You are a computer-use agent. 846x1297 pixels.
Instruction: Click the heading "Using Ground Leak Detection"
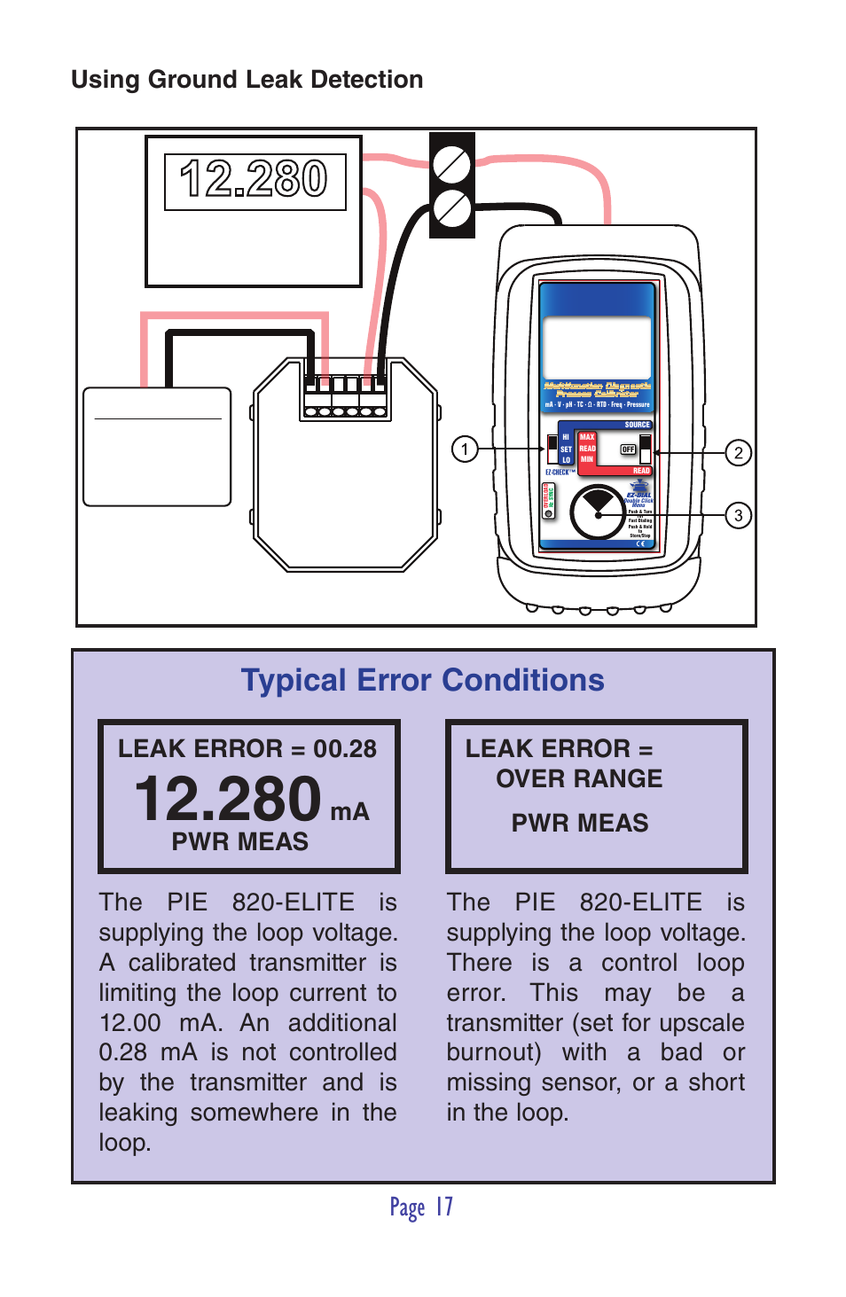[x=247, y=80]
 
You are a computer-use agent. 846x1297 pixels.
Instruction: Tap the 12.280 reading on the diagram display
[x=255, y=179]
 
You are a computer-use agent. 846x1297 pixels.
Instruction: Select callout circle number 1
[x=465, y=449]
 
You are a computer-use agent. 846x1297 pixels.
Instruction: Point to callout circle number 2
[x=738, y=453]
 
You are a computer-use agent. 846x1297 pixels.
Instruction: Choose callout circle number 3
[x=738, y=515]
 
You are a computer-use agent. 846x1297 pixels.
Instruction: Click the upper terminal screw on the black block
[x=451, y=164]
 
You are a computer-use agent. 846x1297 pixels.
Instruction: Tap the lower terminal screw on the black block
[x=451, y=209]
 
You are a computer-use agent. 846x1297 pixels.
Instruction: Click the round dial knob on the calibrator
[x=599, y=512]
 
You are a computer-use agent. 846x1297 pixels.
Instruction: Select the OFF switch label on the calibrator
[x=628, y=449]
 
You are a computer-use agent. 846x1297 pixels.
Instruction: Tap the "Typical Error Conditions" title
[x=422, y=680]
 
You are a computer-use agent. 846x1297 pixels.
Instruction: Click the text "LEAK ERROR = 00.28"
[x=247, y=749]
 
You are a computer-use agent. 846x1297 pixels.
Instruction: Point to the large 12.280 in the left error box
[x=228, y=799]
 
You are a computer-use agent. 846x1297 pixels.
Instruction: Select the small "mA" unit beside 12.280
[x=349, y=812]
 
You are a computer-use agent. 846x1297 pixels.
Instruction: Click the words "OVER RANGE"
[x=579, y=778]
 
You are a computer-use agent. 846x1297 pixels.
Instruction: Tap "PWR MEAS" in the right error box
[x=580, y=823]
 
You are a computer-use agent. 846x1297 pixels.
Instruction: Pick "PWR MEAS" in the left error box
[x=240, y=841]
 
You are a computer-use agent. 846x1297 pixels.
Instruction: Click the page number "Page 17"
[x=422, y=1207]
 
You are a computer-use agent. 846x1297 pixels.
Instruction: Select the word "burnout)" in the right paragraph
[x=494, y=1052]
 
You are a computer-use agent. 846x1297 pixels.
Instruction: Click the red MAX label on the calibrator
[x=587, y=437]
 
